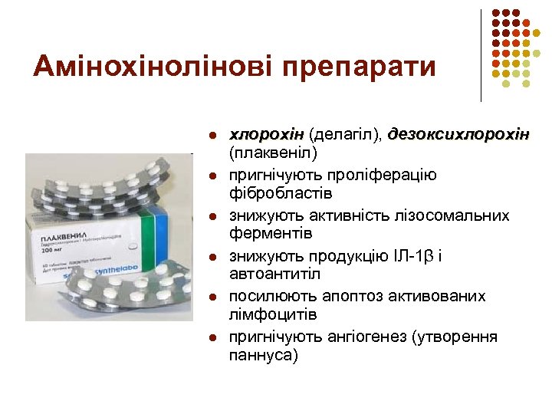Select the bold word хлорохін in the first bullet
click(x=268, y=134)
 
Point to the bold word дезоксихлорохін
click(x=459, y=134)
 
